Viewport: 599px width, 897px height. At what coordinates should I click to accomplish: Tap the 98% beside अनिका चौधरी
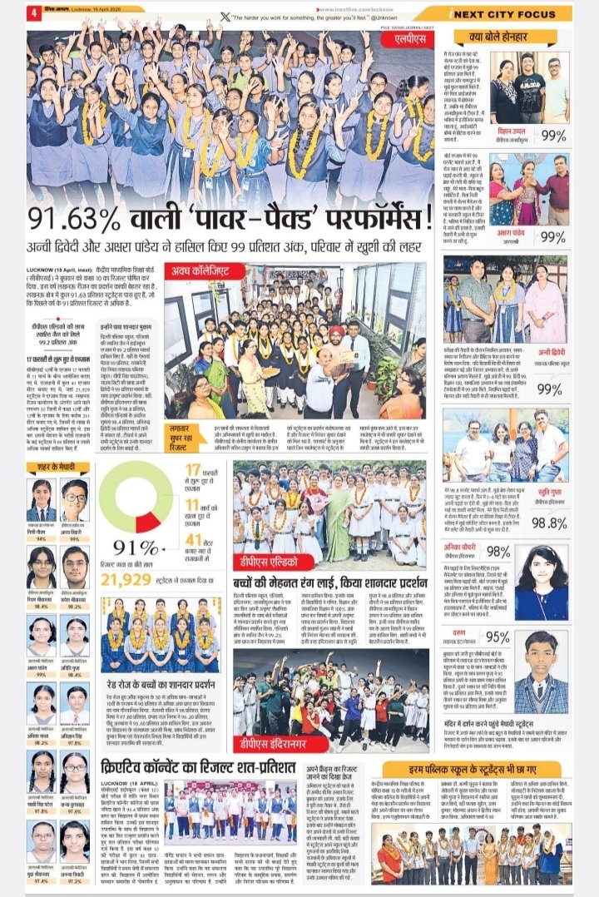coord(522,552)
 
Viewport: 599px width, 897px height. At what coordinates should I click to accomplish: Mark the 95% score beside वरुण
coord(522,637)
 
